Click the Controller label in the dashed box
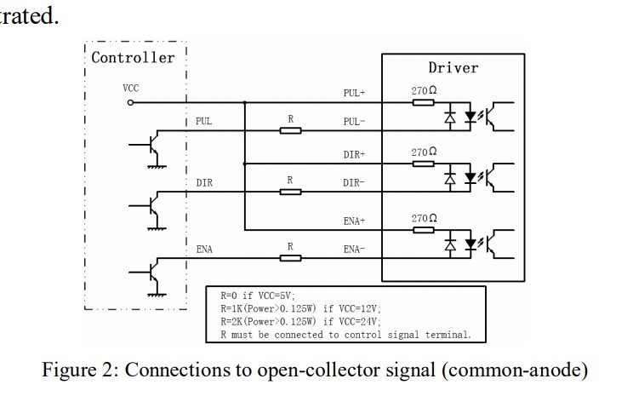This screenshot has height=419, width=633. (133, 58)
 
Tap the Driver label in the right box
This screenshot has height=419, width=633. (453, 67)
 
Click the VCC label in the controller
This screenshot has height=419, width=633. (130, 88)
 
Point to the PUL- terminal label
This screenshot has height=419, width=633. (354, 122)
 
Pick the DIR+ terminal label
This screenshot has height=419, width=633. (354, 155)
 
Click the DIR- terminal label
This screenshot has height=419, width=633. (354, 183)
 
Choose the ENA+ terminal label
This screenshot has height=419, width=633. (354, 221)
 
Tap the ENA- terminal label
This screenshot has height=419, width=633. (354, 250)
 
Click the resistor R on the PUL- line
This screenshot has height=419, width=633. (290, 131)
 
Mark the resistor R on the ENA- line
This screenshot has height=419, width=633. (290, 258)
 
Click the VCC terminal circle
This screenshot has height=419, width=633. (130, 102)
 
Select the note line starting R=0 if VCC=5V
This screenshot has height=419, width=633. (254, 296)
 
